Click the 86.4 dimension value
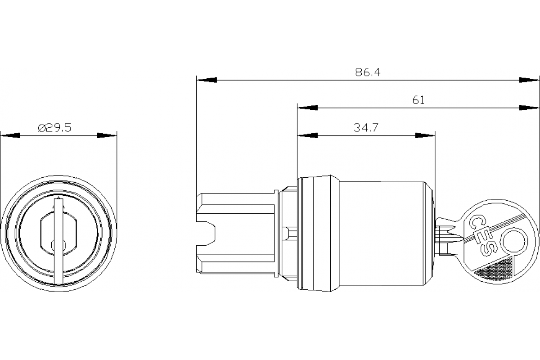(x=368, y=73)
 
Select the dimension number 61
(x=418, y=100)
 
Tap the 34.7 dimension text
(x=365, y=128)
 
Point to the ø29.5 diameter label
(x=54, y=128)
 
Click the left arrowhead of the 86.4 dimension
(x=207, y=80)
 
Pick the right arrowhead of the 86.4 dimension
(x=529, y=80)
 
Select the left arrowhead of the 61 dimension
(x=307, y=108)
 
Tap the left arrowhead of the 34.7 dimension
(x=307, y=135)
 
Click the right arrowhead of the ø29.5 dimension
(x=107, y=135)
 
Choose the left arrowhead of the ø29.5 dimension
(x=10, y=135)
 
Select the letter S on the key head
(x=486, y=247)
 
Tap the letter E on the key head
(x=481, y=235)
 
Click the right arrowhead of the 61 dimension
(x=529, y=108)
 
